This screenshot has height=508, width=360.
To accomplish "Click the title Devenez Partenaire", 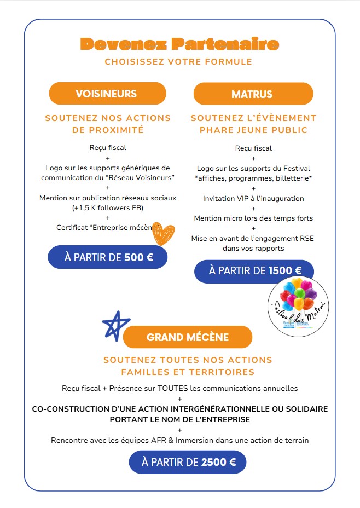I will click(x=179, y=44).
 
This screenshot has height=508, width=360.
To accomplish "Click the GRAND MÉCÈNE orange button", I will click(x=188, y=337).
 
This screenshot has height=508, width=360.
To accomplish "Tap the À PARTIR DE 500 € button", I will click(x=108, y=257).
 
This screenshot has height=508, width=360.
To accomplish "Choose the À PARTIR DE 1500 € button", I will click(x=255, y=270).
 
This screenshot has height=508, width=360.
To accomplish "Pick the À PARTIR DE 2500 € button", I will click(x=188, y=462).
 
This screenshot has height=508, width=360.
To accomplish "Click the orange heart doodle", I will click(x=164, y=233).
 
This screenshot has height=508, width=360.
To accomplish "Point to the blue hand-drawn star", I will click(x=116, y=325).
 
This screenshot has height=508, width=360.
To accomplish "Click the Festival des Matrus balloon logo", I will click(x=298, y=305).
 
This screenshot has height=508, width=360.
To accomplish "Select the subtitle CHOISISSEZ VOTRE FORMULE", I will click(x=178, y=61).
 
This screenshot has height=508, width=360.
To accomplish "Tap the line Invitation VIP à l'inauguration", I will click(x=253, y=198).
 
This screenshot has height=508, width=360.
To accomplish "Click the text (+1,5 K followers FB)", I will click(x=108, y=208).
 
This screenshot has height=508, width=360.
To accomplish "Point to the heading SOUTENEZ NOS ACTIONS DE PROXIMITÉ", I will click(x=108, y=124).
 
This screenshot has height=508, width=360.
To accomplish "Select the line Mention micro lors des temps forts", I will click(x=253, y=218).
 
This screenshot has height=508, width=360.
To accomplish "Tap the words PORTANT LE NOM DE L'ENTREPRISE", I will click(x=179, y=419).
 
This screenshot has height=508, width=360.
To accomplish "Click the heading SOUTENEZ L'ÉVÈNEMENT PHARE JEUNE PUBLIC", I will click(x=253, y=124).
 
